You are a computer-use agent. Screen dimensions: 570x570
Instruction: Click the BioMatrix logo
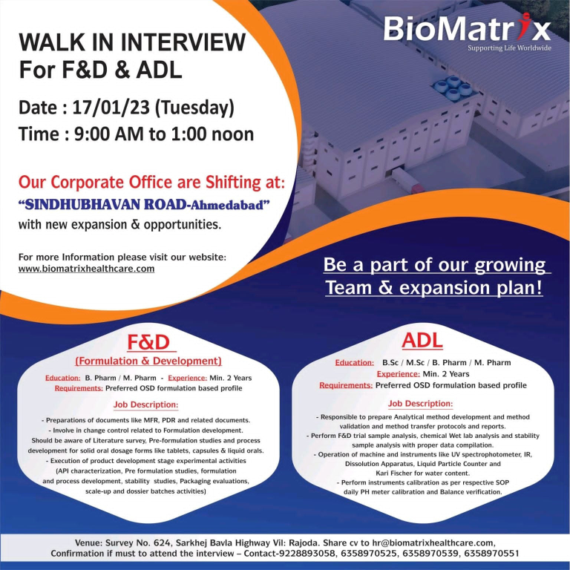pos(467,28)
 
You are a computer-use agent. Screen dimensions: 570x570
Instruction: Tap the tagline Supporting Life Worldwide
pos(509,48)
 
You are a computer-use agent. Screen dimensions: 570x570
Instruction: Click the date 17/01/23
pos(111,108)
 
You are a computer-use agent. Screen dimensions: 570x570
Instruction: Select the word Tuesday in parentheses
pos(195,108)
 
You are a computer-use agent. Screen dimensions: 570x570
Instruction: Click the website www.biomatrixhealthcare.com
pos(87,269)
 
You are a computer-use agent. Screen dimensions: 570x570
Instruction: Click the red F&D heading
pos(148,342)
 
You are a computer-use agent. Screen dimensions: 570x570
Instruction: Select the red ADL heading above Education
pos(422,341)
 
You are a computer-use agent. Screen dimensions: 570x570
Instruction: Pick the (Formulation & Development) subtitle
pos(148,361)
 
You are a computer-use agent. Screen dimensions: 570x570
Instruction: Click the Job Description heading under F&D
pos(145,404)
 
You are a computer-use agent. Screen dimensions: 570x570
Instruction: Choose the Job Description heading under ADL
pos(420,404)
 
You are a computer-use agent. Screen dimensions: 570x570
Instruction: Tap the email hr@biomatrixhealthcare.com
pos(433,543)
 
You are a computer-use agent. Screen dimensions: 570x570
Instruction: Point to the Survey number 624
pos(161,543)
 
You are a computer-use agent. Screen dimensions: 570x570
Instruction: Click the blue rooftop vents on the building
pos(452,88)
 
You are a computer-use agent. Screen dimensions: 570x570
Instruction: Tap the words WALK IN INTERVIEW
pos(132,42)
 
